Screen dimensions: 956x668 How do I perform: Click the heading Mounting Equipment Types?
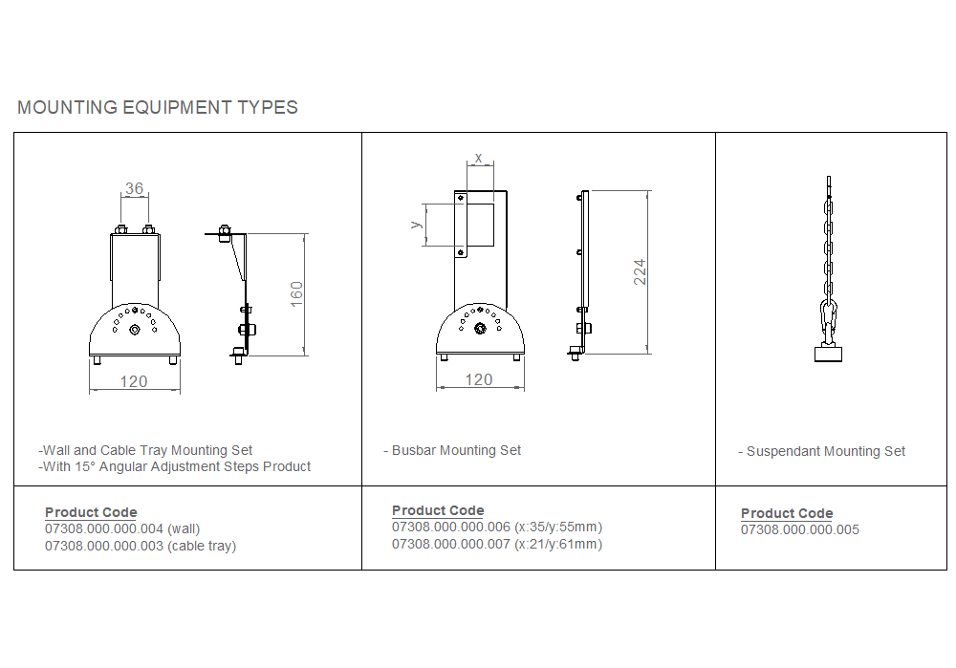pos(158,107)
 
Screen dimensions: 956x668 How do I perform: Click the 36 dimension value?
pos(134,188)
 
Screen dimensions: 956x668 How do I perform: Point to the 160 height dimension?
pos(297,293)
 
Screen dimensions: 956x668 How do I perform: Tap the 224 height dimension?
pos(640,271)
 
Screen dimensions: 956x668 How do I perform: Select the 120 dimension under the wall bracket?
pos(134,381)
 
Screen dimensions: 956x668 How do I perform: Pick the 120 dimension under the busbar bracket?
pos(479,379)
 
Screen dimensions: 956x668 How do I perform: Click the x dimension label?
pos(479,158)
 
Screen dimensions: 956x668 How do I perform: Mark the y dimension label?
pos(417,225)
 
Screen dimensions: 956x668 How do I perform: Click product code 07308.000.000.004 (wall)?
pos(122,529)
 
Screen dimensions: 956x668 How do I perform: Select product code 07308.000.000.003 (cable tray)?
pos(141,546)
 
